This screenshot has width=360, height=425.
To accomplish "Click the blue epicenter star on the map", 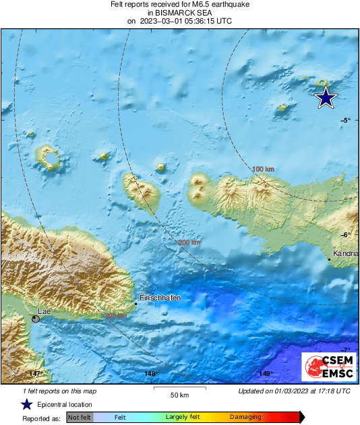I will (x=326, y=98).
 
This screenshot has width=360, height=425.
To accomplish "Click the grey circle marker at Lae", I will (x=36, y=319).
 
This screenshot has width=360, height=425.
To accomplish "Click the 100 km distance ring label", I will (x=263, y=168).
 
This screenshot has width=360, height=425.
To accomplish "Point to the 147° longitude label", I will (x=36, y=373).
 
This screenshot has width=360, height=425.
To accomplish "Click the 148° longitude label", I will (x=150, y=373).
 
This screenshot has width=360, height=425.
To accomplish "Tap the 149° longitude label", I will (x=265, y=373).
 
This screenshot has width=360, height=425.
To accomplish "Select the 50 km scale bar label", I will (x=179, y=394).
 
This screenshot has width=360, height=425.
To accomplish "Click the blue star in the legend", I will (x=26, y=404).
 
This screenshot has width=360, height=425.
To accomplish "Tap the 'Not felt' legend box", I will (x=80, y=417).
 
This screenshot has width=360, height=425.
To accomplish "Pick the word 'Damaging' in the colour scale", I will (x=245, y=417).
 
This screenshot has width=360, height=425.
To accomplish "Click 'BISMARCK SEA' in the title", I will (x=179, y=13).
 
